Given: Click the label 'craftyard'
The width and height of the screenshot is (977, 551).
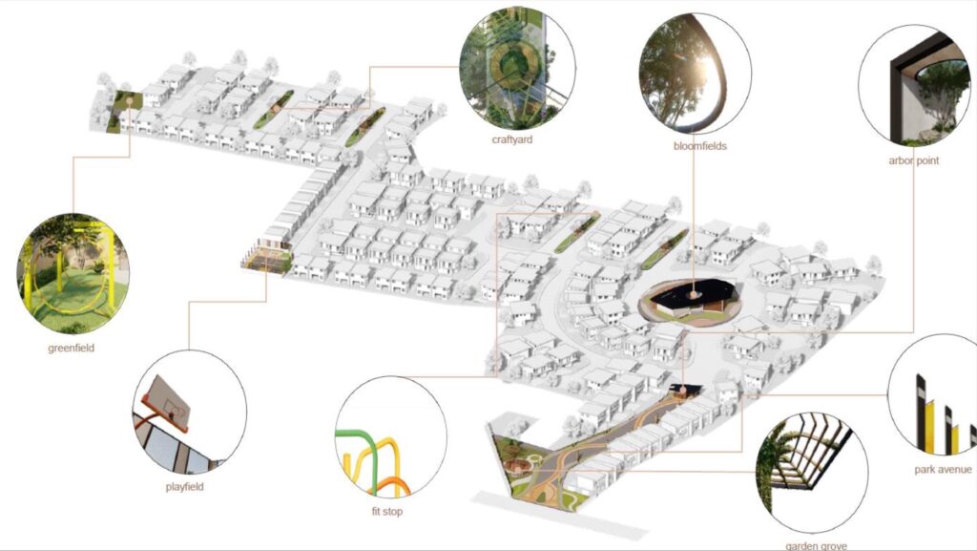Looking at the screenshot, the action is tap(512, 139).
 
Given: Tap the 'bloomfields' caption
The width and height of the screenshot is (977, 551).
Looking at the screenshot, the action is tap(699, 146).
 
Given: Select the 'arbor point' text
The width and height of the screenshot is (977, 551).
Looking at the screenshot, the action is tap(913, 160).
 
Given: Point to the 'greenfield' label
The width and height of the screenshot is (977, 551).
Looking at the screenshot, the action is tap(71, 348).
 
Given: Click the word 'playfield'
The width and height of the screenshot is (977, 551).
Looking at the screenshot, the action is tap(184, 487).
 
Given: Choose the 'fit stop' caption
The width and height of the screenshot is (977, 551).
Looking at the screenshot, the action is tap(387, 511).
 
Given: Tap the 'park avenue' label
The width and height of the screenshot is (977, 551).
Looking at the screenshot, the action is tap(943, 469).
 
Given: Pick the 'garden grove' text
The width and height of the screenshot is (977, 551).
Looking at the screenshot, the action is tap(816, 546).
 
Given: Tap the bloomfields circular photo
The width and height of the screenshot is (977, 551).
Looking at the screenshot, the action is tap(695, 73).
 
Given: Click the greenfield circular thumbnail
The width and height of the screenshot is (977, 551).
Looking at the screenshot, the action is tap(73, 274).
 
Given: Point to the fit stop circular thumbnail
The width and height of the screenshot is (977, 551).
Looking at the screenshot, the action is tap(390, 436).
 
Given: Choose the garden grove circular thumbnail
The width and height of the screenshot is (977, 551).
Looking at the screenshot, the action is tap(812, 473).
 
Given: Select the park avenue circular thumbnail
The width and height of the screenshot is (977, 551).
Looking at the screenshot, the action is tap(933, 394).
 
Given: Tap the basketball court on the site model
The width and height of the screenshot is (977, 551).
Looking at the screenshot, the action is tap(268, 257).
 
